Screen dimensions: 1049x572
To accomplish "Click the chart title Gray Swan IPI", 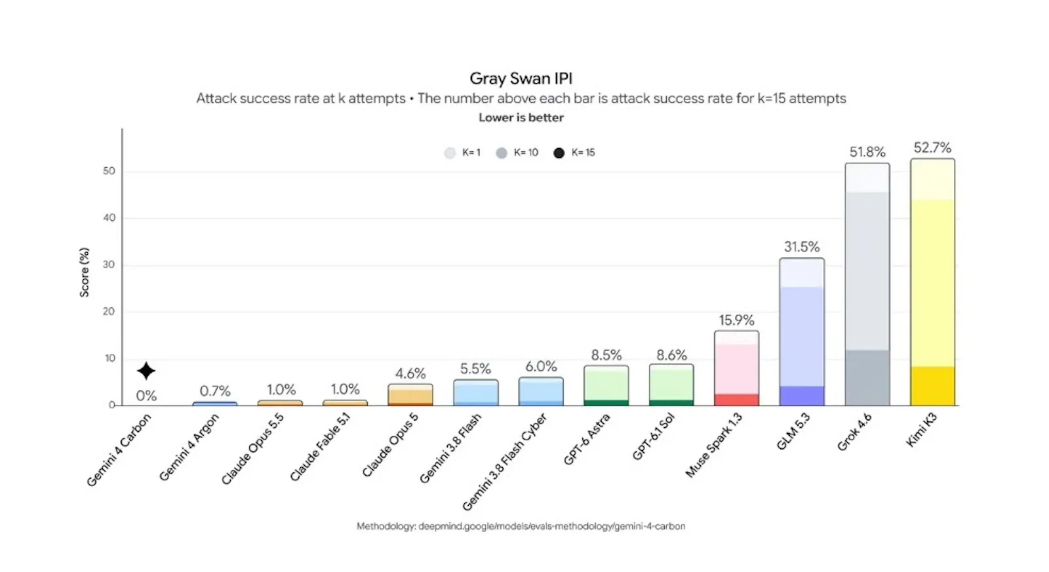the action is [521, 78].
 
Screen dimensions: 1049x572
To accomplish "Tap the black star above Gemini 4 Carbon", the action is [146, 371].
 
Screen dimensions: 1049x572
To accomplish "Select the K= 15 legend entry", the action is [574, 153].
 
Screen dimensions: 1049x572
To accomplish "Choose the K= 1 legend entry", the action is [462, 153].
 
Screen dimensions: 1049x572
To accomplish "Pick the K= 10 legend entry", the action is [517, 153].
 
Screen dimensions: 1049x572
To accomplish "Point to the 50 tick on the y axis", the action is [109, 171].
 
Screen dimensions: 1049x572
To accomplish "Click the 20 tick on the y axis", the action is [109, 311].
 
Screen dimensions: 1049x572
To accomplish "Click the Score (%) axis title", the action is [85, 272].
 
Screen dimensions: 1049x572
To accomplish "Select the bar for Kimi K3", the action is [932, 282].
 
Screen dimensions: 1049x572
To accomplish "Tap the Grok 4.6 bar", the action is [867, 284].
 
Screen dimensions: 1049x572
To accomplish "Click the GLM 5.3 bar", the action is [802, 332].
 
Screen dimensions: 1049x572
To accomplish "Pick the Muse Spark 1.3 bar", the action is [737, 368].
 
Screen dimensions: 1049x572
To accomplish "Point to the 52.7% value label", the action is [932, 148].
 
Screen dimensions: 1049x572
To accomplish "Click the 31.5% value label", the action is [802, 246].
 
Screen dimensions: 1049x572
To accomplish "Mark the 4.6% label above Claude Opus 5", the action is [410, 373].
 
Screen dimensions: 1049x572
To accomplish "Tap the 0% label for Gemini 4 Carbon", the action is [146, 396].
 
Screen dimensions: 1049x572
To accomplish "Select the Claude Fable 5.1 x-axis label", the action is [320, 448].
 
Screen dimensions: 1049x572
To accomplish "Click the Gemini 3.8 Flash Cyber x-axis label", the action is [504, 461].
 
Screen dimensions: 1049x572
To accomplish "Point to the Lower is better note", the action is [521, 117].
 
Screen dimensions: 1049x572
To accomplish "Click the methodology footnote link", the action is [521, 526].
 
